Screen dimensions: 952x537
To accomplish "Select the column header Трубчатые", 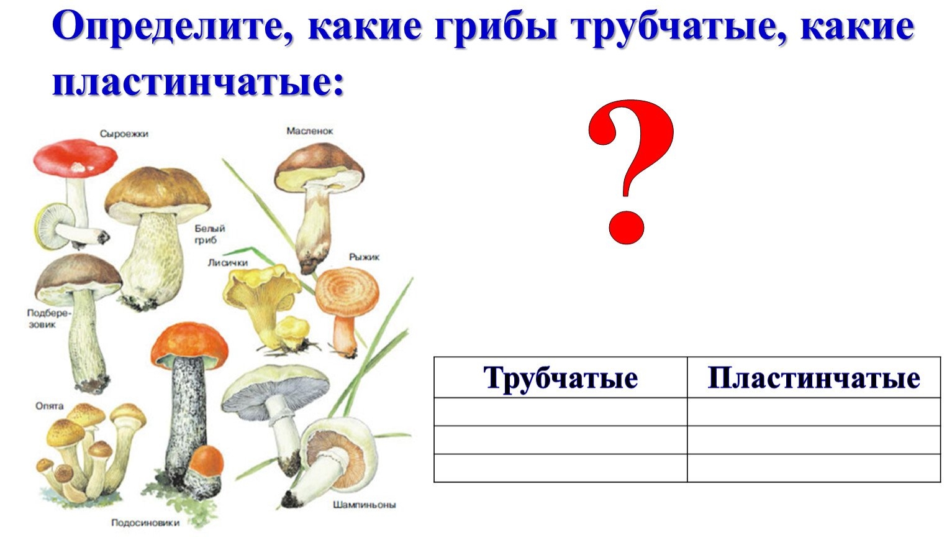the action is click(x=561, y=378).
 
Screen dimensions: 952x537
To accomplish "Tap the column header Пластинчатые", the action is click(x=814, y=378).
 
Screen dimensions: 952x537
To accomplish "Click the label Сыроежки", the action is click(x=124, y=134).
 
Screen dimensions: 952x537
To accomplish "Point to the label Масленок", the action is click(x=309, y=131).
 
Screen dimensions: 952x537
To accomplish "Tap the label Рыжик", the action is click(x=365, y=257).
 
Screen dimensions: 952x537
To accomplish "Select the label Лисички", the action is click(x=227, y=263).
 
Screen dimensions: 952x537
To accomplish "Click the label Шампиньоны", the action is click(x=365, y=505).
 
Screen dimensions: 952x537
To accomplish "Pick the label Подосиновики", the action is click(x=145, y=523).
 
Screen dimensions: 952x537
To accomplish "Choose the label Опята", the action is click(x=49, y=406).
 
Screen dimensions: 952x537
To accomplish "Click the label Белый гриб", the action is click(x=209, y=234).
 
